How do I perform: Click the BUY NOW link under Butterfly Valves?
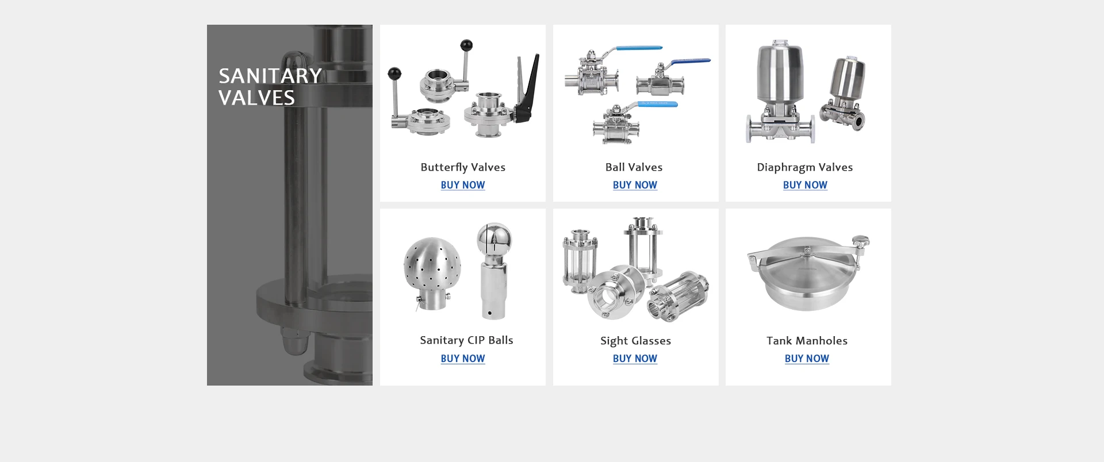coord(463,185)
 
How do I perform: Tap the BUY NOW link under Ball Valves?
coord(635,185)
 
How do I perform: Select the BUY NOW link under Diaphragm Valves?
coord(805,185)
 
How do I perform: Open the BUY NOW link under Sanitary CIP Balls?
coord(463,359)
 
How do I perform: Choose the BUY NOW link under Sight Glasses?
coord(635,359)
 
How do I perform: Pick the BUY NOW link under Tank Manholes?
coord(807,359)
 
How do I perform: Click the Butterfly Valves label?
coord(463,167)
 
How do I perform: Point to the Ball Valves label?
coord(634,167)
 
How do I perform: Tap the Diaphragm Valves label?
coord(804,167)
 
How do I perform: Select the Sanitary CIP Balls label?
coord(466,340)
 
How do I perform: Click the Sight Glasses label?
coord(635,341)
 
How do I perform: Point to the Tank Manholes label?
coord(807,341)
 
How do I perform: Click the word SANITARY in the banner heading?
coord(270,76)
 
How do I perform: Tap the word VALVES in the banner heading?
coord(256,98)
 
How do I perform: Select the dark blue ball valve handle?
coord(690,61)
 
